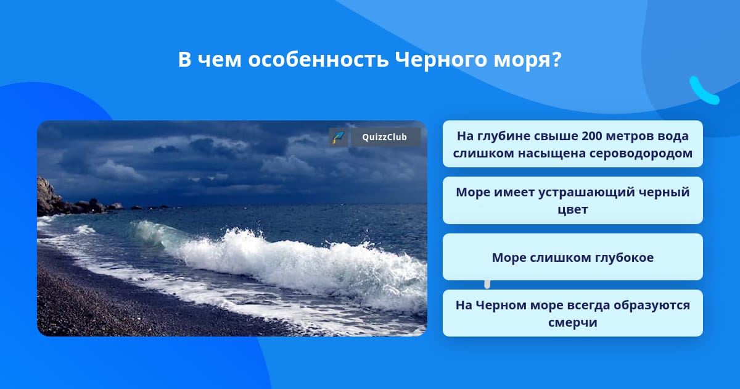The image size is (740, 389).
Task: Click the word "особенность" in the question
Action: click(318, 59)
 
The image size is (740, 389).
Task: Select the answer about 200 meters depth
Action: click(572, 144)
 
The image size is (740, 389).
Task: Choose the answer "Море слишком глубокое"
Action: click(572, 257)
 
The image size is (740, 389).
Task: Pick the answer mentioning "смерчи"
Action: click(572, 313)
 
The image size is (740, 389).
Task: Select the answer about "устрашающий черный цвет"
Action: click(572, 201)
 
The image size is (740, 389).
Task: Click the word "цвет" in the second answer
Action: click(572, 210)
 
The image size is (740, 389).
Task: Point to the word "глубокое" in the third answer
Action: click(624, 257)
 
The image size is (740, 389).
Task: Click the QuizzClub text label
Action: click(385, 137)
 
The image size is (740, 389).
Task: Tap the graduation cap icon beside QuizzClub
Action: click(339, 137)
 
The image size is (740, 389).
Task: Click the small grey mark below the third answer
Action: click(487, 285)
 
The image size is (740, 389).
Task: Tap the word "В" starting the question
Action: click(184, 59)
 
